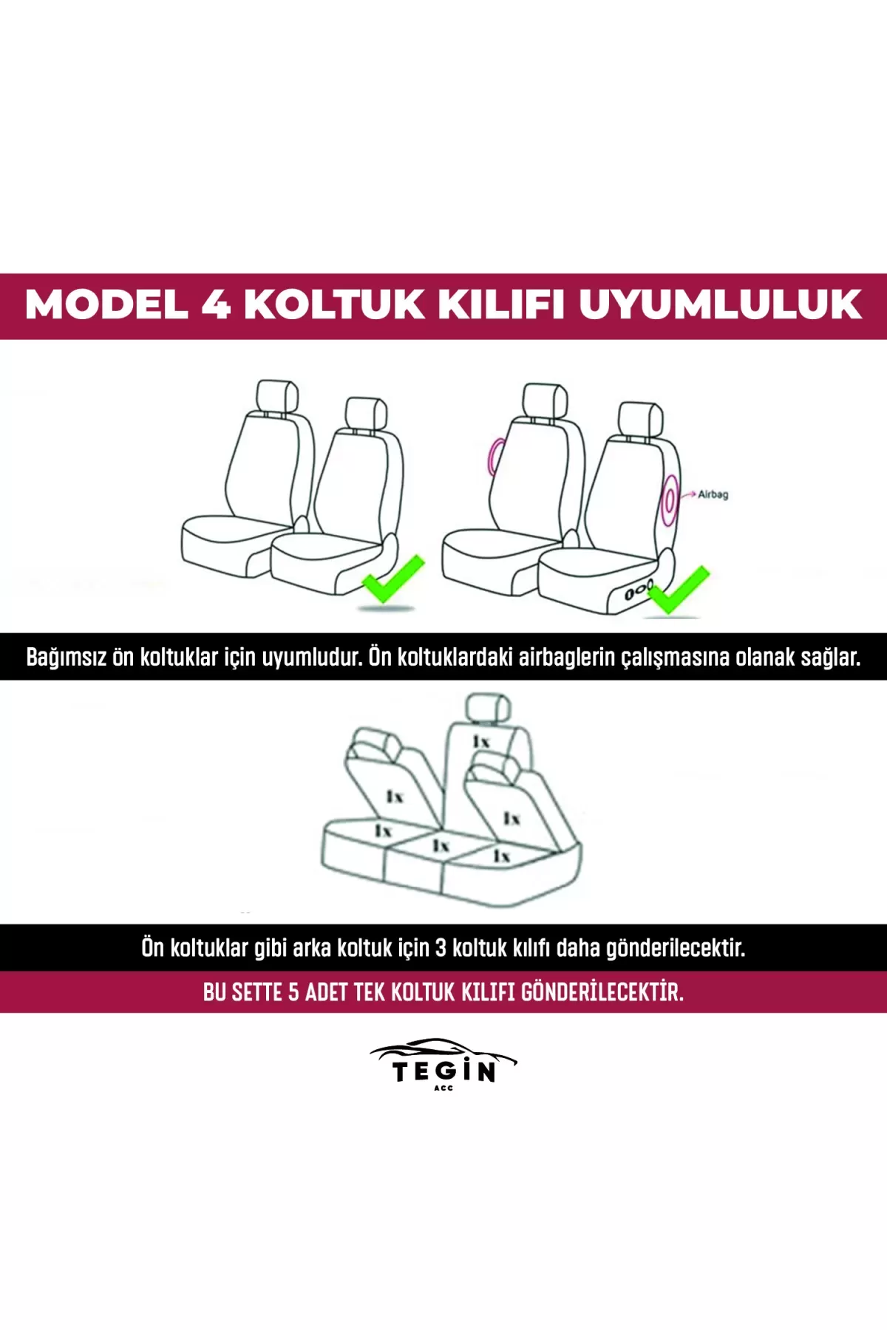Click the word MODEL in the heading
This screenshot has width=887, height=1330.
pos(106,304)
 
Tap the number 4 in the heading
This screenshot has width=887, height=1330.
pos(216,304)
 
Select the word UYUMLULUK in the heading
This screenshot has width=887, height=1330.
pos(721,304)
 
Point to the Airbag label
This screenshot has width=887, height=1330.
pos(713,494)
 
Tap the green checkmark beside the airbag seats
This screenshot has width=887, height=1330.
pos(678,590)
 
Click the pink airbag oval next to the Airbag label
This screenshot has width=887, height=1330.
pos(669,499)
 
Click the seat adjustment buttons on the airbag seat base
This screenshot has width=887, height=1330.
pos(635,593)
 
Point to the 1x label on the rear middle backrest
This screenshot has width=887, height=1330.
pos(481,741)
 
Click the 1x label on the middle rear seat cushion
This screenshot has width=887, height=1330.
pos(441,845)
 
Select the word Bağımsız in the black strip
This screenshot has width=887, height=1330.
pos(66,657)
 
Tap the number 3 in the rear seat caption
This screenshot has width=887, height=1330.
pos(441,947)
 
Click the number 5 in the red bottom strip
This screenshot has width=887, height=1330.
pos(293,992)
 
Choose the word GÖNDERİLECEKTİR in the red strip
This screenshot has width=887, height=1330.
pos(602,992)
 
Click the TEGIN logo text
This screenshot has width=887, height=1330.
pos(443,1071)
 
